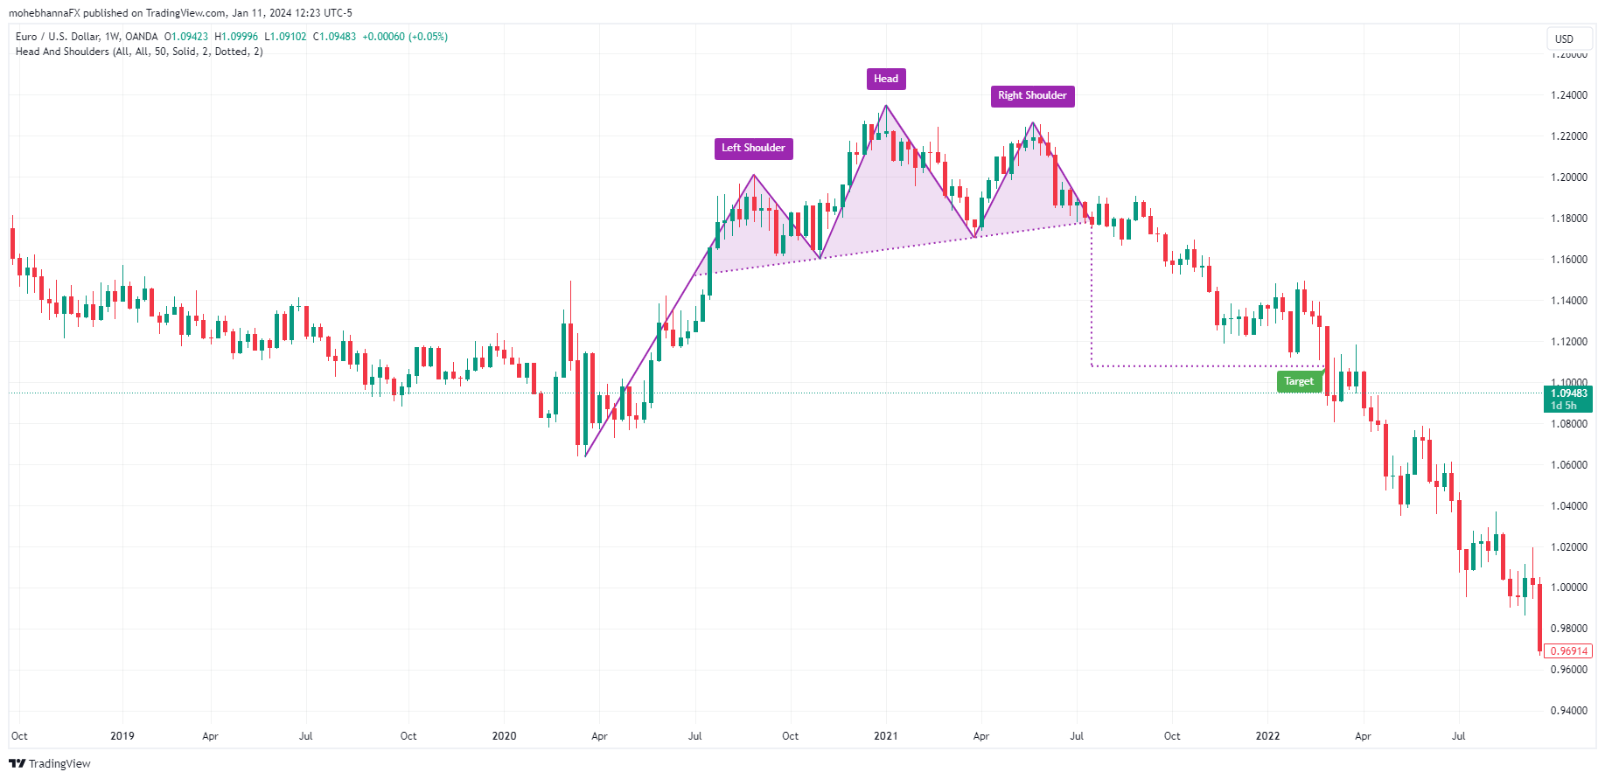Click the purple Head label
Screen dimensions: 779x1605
886,79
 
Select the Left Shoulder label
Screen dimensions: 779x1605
753,148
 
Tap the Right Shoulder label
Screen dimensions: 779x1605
1032,95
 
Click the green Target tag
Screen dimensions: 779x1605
1299,381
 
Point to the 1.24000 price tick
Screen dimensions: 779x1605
1568,95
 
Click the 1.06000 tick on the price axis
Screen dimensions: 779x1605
1568,465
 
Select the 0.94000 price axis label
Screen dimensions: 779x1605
1568,711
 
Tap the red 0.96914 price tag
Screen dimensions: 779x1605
1568,651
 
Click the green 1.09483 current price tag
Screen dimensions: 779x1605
1568,399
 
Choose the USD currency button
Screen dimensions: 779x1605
1564,38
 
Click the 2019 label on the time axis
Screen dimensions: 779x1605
122,736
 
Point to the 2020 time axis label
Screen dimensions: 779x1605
504,736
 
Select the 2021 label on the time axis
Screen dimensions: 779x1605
886,736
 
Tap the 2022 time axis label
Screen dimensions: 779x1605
1267,736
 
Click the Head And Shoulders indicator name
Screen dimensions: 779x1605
63,52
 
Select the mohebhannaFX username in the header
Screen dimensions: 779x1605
44,13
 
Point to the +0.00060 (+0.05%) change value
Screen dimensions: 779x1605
405,37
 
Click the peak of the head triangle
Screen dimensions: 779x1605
886,106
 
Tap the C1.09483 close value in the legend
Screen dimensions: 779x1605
334,37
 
